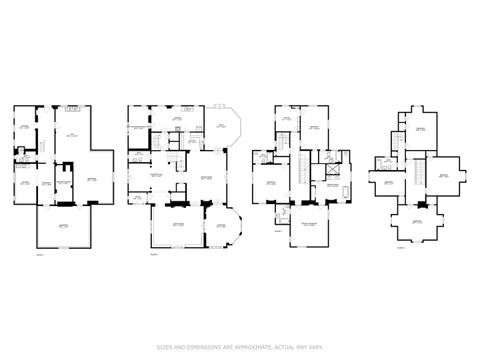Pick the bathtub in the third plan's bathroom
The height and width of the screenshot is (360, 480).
pyautogui.click(x=346, y=191)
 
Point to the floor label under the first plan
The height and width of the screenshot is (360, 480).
pyautogui.click(x=41, y=254)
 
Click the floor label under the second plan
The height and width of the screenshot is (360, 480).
pyautogui.click(x=154, y=256)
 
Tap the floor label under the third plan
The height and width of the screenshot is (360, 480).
pyautogui.click(x=278, y=230)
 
